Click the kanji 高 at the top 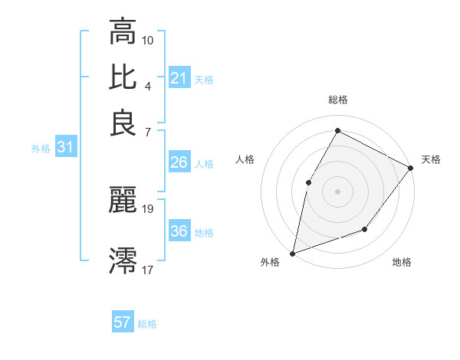(x=123, y=32)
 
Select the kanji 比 (x=123, y=77)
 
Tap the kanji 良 (x=123, y=123)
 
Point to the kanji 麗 (x=123, y=200)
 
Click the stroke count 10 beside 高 (x=148, y=39)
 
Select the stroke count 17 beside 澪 (x=148, y=270)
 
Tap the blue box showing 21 (x=179, y=77)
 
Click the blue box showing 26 (x=179, y=162)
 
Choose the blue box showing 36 (x=179, y=231)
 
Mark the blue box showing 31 (x=65, y=147)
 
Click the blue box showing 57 (x=123, y=322)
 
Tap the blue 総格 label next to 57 (x=147, y=324)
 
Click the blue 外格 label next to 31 (x=41, y=149)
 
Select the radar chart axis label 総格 (x=337, y=100)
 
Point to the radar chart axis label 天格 (x=431, y=159)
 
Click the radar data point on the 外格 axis (x=292, y=253)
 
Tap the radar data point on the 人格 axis (x=308, y=182)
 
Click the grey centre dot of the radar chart (x=337, y=191)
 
